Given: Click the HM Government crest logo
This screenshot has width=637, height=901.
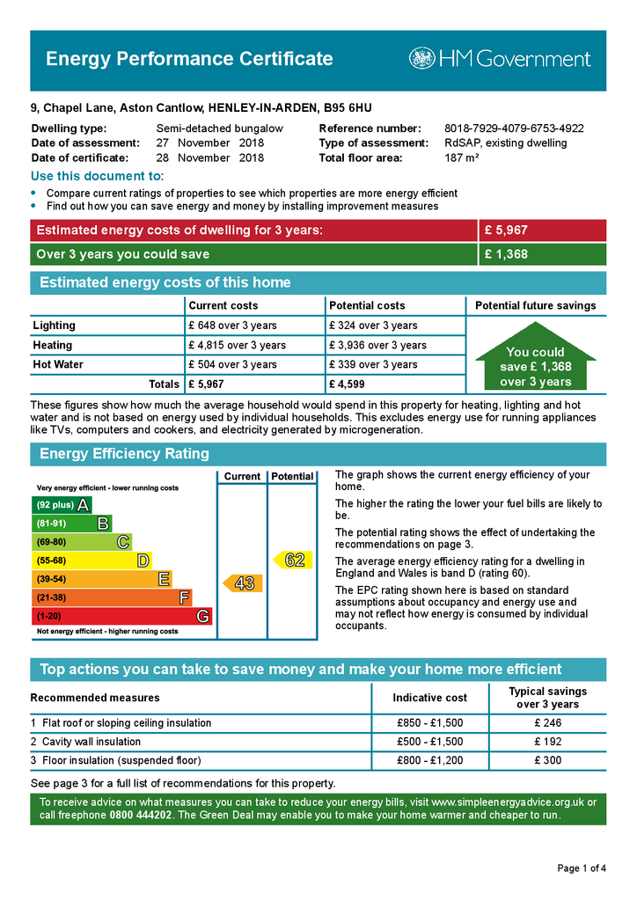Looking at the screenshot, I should (x=421, y=59).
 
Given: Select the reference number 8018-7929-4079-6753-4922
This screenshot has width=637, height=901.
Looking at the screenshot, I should (x=514, y=128).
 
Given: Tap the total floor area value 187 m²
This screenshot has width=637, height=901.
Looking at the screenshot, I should (x=462, y=158).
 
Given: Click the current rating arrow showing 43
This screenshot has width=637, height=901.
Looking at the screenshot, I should (x=242, y=582).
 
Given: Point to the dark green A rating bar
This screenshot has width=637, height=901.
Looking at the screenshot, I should (x=62, y=505).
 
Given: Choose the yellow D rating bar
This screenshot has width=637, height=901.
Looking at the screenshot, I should (x=92, y=560).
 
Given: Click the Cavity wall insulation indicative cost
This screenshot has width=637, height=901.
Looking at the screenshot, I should (x=429, y=742).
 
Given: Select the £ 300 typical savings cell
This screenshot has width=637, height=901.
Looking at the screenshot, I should (x=547, y=760).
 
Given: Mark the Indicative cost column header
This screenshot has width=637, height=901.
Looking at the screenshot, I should (x=429, y=698).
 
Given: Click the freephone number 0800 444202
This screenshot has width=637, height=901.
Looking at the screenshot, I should (x=140, y=816).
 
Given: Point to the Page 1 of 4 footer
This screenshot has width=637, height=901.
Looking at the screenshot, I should (x=582, y=868).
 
